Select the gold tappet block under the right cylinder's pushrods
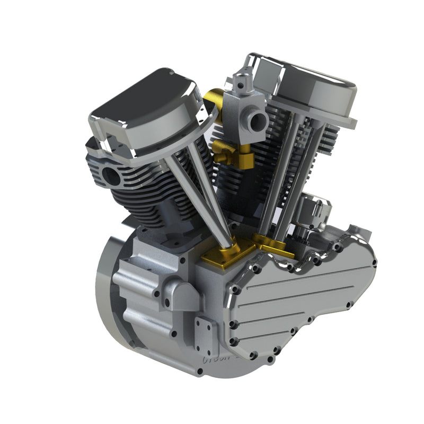click(276, 245)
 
